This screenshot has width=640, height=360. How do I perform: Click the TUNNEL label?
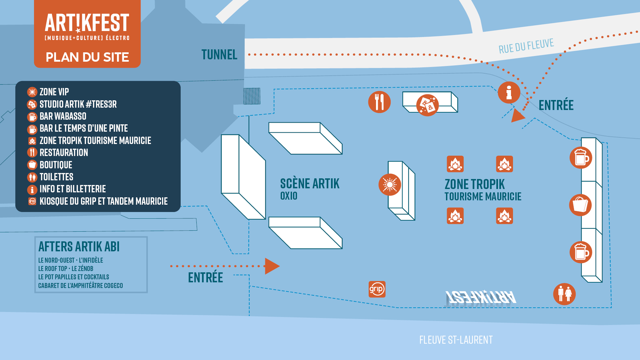tap(219, 55)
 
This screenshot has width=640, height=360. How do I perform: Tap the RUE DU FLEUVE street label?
tap(526, 46)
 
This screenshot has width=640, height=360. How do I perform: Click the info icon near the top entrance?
tap(509, 92)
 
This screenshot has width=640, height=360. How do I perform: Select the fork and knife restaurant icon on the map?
tap(379, 102)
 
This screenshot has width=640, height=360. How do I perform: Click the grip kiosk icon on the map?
tap(377, 289)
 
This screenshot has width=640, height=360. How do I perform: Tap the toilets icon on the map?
tap(564, 294)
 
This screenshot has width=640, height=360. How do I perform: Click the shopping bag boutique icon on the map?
tap(580, 205)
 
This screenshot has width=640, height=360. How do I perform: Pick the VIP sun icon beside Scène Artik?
tap(389, 184)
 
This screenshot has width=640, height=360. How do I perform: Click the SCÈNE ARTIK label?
tap(310, 184)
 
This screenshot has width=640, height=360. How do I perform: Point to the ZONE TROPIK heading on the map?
tap(475, 184)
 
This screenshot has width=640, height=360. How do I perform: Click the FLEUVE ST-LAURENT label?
tap(456, 340)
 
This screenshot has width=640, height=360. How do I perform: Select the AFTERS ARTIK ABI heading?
tap(79, 247)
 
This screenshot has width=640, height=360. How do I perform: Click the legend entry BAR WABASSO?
tap(63, 116)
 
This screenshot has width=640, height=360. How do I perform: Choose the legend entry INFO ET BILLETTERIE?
tap(73, 189)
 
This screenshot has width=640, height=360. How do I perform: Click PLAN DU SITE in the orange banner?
tap(87, 57)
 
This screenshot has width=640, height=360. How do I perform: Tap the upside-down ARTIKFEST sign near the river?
tap(481, 297)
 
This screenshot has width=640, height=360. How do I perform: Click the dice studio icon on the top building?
tap(427, 105)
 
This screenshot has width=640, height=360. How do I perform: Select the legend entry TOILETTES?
tap(56, 177)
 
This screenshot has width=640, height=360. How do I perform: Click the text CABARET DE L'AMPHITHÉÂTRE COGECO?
tap(81, 286)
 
